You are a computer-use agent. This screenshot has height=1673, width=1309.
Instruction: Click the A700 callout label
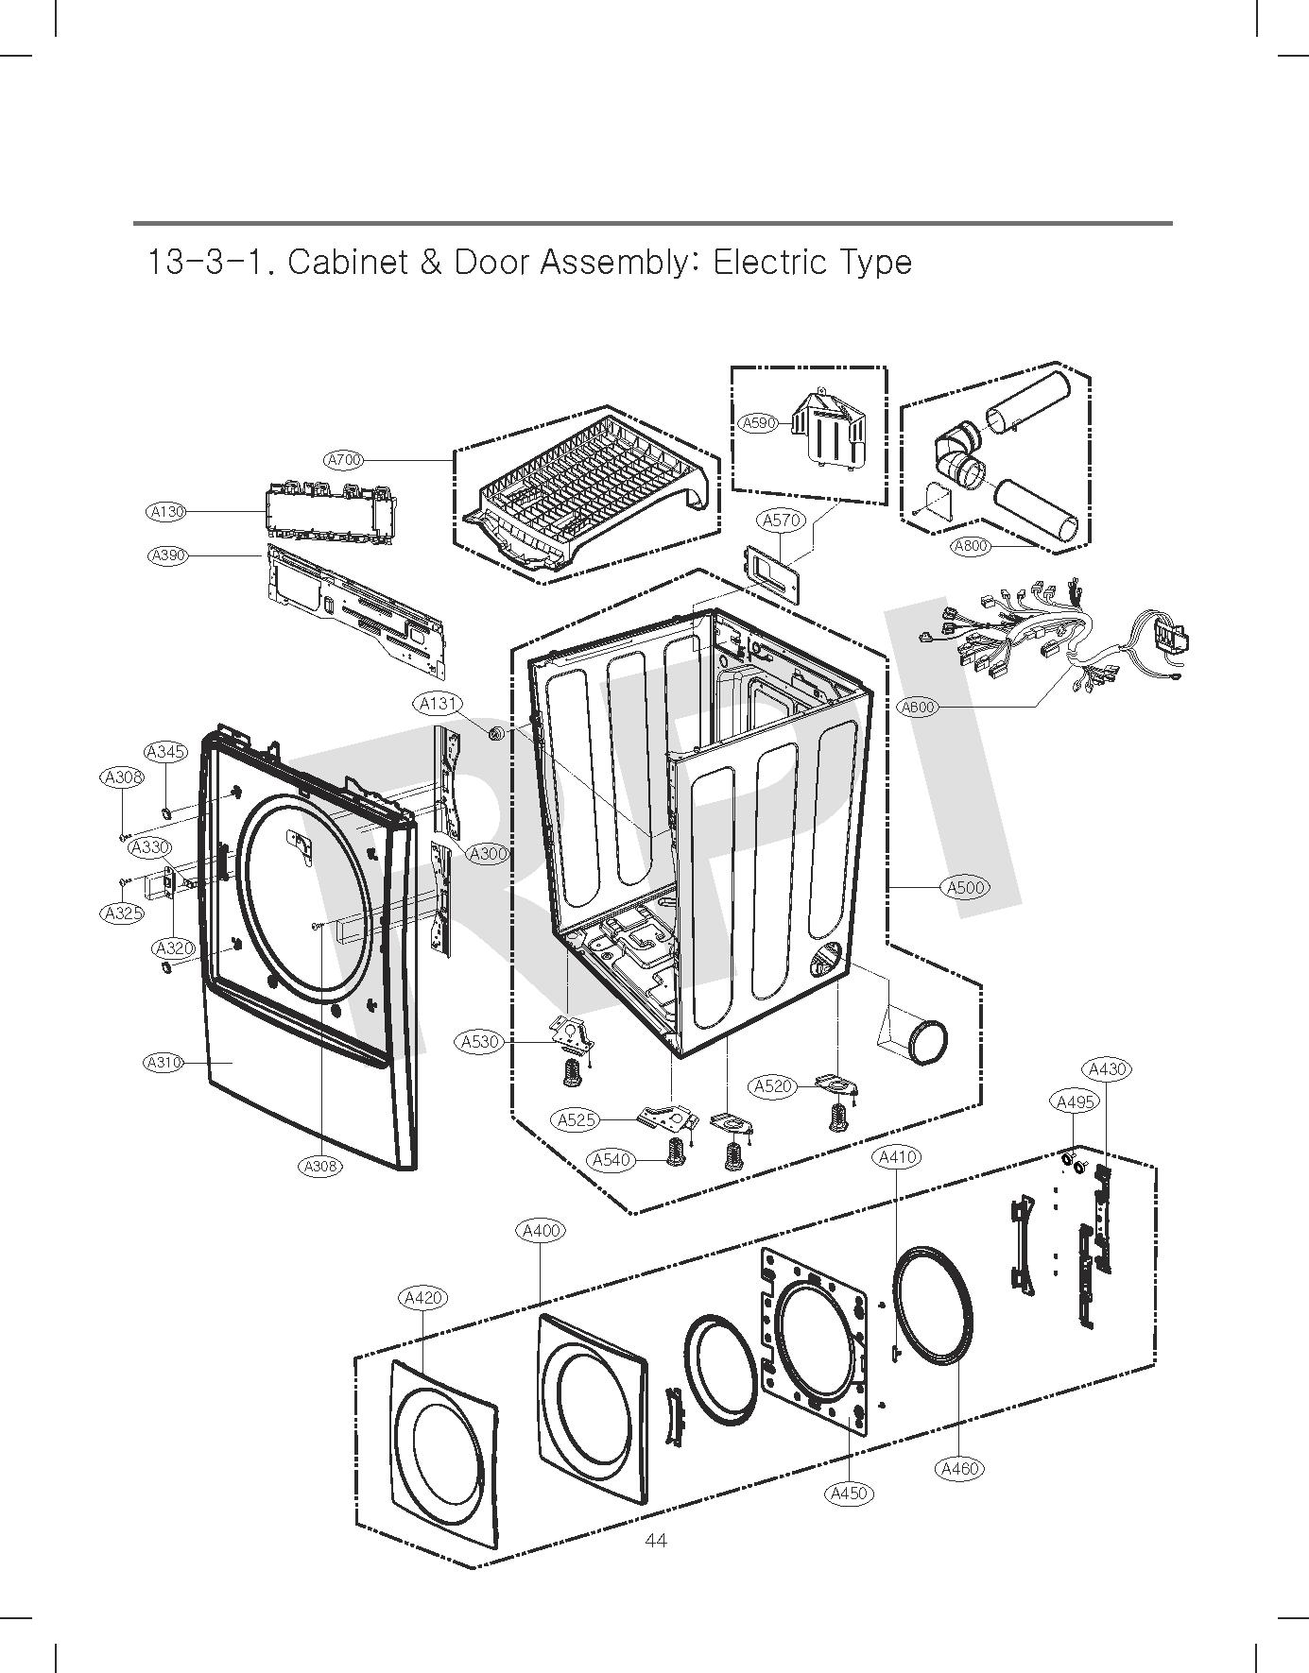coord(344,460)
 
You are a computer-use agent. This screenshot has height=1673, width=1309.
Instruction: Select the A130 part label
coord(167,512)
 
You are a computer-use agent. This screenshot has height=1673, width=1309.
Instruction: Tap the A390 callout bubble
coord(168,555)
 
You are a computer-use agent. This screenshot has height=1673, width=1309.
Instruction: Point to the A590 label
coord(758,423)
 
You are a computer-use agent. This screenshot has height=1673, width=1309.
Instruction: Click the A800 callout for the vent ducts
coord(971,545)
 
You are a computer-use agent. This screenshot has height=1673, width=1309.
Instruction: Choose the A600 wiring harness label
coord(918,707)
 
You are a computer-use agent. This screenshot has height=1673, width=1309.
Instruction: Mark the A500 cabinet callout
coord(966,887)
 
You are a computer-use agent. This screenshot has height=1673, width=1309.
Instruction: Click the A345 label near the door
coord(166,752)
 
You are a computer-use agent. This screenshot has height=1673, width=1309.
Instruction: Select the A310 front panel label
coord(164,1063)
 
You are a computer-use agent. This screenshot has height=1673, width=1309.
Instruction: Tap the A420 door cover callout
coord(422,1298)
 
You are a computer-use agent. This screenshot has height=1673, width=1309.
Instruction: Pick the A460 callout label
coord(960,1469)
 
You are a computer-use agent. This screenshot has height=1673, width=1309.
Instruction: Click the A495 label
coord(1075,1101)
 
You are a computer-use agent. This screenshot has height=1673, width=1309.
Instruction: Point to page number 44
coord(655,1541)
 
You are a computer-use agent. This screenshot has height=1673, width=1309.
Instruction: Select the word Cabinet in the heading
coord(344,262)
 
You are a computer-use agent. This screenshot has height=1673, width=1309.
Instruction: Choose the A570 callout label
coord(782,520)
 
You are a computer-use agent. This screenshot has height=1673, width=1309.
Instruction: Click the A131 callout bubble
coord(439,704)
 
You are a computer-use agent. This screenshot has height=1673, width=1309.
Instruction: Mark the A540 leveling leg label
coord(611,1160)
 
